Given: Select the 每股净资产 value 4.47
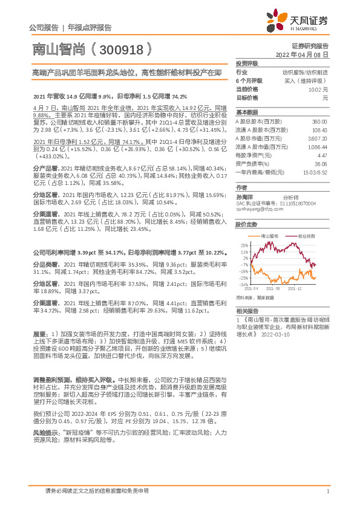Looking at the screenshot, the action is (x=322, y=155).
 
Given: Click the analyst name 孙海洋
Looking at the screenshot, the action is (x=244, y=196).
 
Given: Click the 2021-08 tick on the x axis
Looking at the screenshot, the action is (x=280, y=290).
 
